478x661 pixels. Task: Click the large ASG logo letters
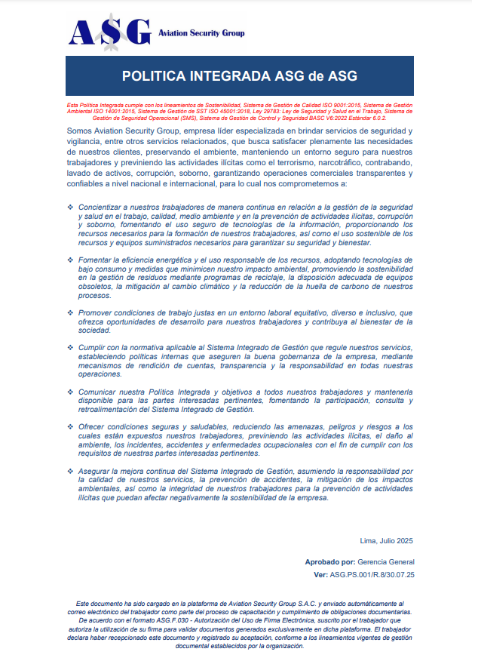point(109,32)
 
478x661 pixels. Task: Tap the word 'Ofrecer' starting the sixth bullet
point(93,427)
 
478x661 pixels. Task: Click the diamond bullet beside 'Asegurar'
point(71,472)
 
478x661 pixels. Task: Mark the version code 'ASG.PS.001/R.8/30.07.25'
point(372,575)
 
